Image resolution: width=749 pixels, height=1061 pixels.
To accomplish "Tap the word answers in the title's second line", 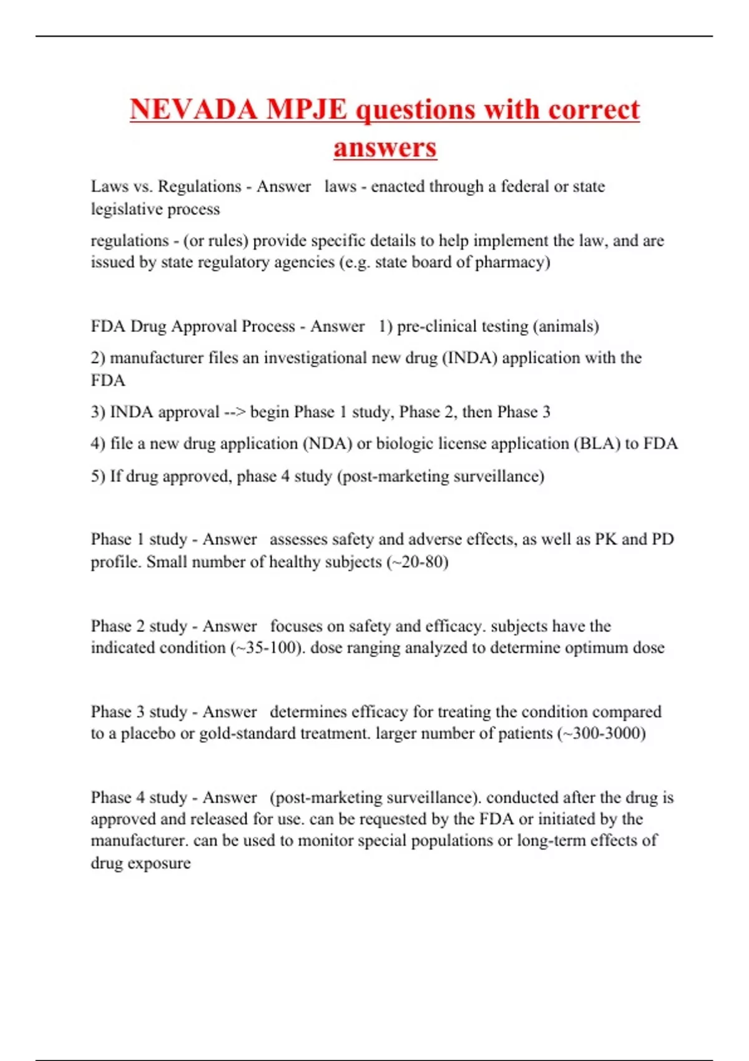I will coord(384,148).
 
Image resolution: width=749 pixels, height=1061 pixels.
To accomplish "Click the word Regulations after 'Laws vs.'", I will coord(199,187).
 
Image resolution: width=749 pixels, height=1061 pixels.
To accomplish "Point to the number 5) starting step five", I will coord(98,476).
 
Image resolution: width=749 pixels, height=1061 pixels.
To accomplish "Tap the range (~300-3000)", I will coord(600,733).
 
